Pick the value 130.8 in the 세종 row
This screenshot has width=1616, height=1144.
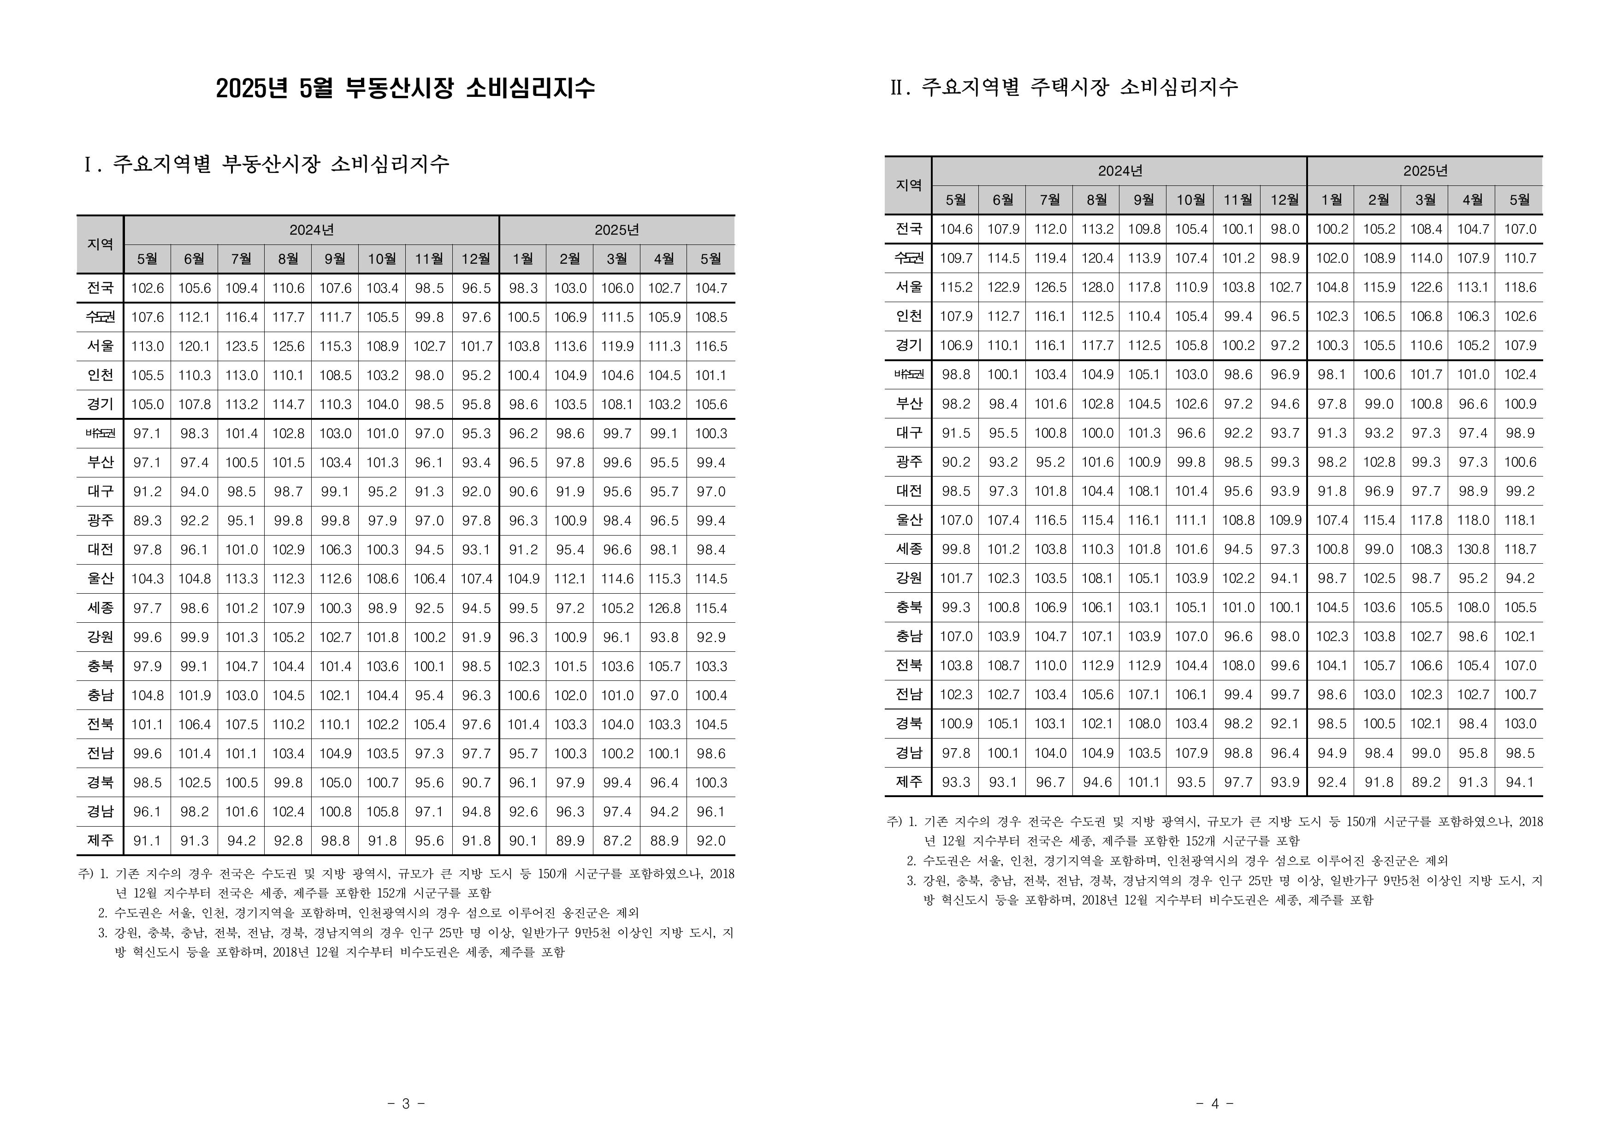pos(1472,549)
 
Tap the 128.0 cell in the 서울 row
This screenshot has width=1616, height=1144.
pos(1096,287)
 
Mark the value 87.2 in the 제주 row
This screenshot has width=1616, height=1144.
pos(617,840)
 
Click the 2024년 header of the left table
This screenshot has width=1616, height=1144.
pos(311,230)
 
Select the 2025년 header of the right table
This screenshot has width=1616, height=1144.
pos(1425,171)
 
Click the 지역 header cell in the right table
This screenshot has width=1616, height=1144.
pos(908,185)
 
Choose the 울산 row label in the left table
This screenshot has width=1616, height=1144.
pos(100,578)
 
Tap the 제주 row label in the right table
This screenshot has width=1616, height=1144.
pos(908,782)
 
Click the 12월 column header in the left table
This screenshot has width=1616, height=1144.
pos(476,259)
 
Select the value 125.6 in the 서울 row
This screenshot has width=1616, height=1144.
pos(288,346)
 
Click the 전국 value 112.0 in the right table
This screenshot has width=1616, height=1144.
pos(1050,229)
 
